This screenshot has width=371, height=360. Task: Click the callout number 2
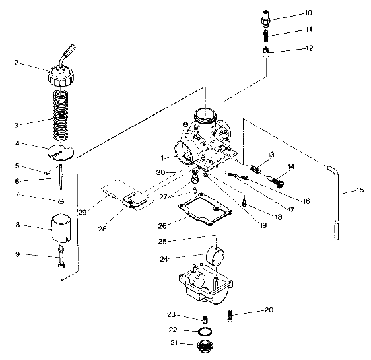pos(16,65)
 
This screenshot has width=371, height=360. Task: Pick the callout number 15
pos(360,192)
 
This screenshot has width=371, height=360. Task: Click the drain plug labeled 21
pos(206,347)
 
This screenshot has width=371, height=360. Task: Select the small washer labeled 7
pos(61,200)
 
